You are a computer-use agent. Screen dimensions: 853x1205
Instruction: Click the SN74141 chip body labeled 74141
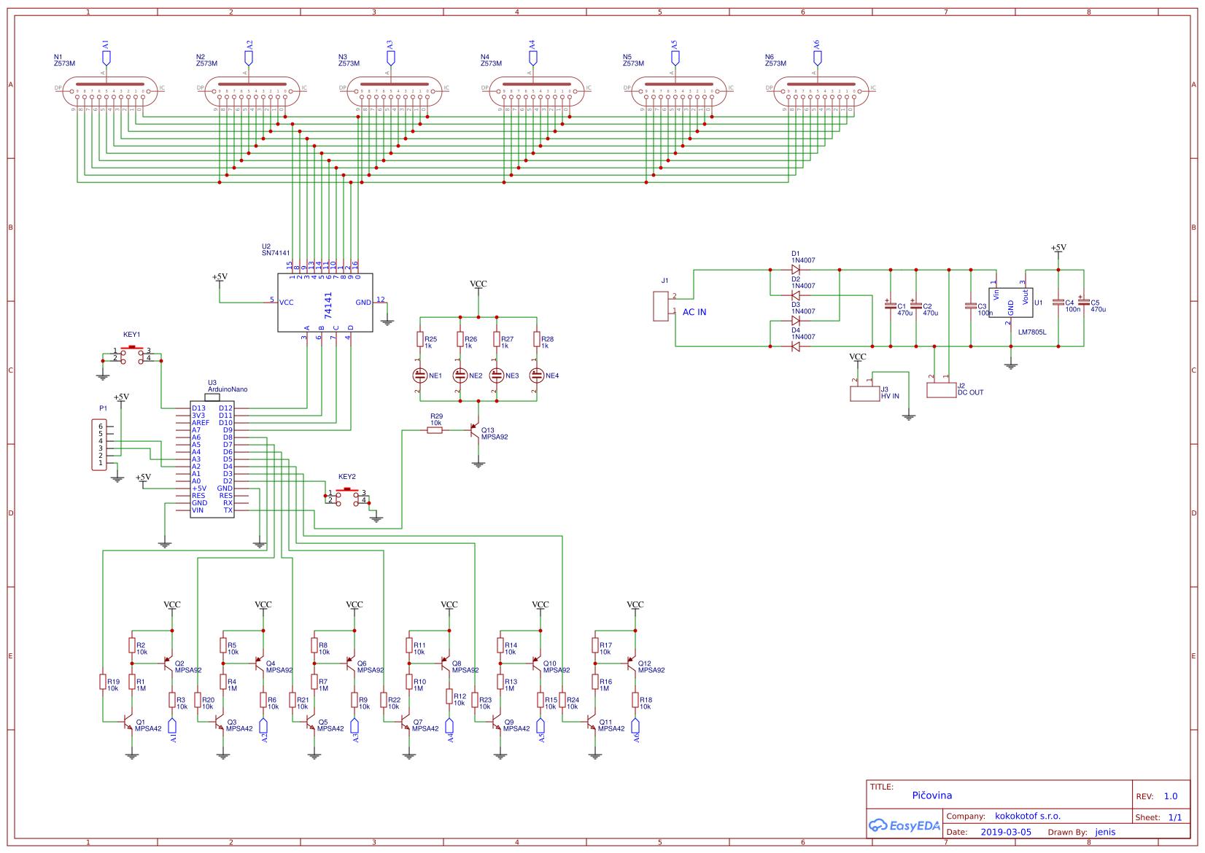[325, 303]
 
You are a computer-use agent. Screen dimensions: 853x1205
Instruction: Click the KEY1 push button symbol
[131, 354]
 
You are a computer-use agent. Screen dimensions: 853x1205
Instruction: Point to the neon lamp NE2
[460, 375]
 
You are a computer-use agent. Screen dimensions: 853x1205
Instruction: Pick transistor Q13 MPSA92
[476, 432]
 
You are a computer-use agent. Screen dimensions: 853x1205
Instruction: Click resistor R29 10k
[435, 430]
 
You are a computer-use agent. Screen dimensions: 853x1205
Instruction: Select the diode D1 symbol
[795, 270]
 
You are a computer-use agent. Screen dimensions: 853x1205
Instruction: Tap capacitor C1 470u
[890, 306]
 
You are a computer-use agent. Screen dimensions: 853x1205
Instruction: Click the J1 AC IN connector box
[661, 306]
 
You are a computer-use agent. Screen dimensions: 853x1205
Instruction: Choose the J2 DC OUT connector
[941, 389]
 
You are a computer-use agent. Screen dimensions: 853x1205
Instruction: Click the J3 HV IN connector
[864, 394]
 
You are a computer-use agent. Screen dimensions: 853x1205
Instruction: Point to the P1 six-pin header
[99, 445]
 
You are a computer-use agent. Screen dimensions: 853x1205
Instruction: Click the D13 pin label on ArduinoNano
[198, 408]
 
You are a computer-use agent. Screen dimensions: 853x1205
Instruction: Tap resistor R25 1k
[420, 340]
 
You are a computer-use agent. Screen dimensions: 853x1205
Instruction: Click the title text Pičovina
[931, 795]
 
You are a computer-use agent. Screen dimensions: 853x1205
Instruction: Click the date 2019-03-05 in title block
[1005, 832]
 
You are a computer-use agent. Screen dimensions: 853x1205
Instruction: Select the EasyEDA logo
[904, 826]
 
